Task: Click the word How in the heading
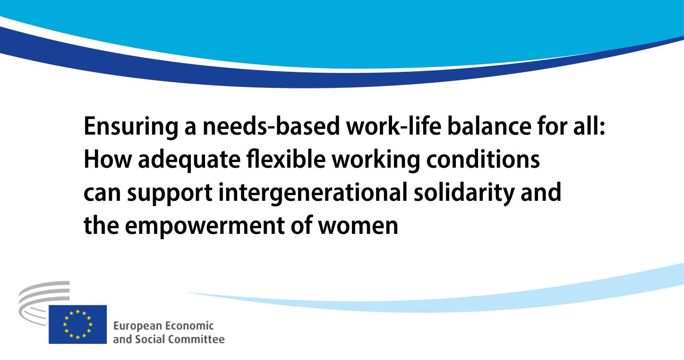(108, 159)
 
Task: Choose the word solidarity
(464, 193)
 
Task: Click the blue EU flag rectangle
(77, 324)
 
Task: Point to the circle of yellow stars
(77, 324)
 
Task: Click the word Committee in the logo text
(197, 339)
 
